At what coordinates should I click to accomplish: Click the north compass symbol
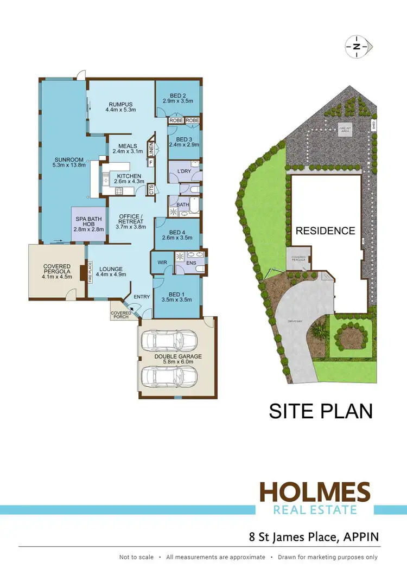tap(356, 47)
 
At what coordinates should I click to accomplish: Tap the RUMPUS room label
tap(120, 105)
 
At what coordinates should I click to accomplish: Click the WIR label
tap(162, 263)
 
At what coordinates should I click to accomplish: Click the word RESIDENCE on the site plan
tap(325, 231)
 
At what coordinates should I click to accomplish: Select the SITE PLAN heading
tap(321, 411)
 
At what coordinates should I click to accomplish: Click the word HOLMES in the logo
tap(315, 492)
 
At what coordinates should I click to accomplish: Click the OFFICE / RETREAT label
tap(131, 219)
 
